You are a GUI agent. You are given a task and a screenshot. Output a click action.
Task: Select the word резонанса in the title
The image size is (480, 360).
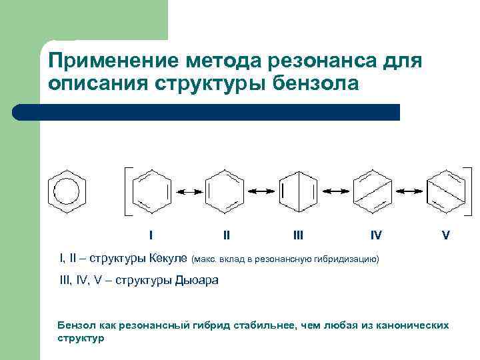[318, 61]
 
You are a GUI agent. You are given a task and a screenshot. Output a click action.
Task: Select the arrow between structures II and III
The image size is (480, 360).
[261, 192]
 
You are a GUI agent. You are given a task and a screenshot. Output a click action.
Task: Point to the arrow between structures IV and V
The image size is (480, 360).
[407, 192]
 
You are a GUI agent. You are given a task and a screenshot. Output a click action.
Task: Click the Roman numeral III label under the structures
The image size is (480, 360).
[299, 235]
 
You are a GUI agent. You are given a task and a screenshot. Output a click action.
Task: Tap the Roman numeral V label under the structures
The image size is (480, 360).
[445, 235]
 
